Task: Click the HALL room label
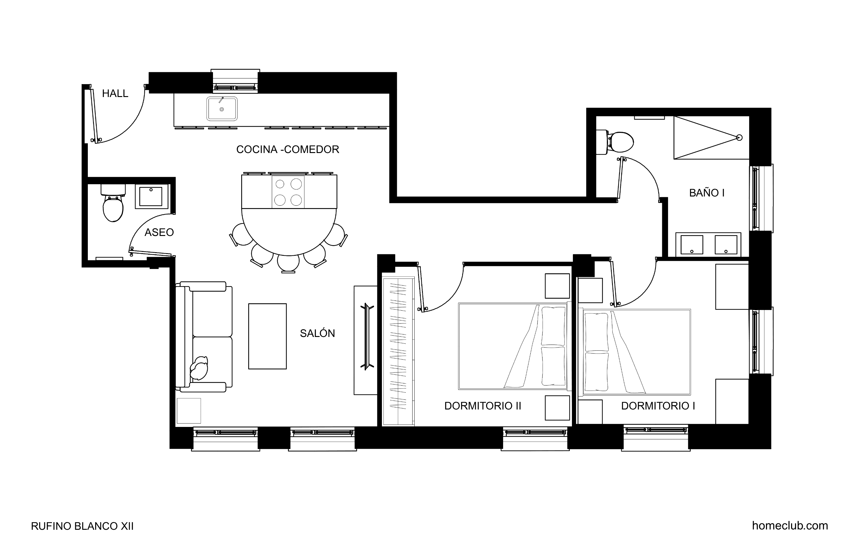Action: click(115, 93)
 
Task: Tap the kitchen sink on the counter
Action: click(222, 109)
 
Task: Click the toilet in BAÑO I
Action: click(615, 142)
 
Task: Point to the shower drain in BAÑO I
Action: click(739, 138)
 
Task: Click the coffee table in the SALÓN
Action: click(267, 336)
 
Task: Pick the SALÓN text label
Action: click(317, 334)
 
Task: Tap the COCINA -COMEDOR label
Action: click(287, 149)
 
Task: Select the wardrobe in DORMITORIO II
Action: click(398, 351)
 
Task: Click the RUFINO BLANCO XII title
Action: click(82, 526)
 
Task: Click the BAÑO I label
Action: click(706, 193)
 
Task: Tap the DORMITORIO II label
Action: click(483, 406)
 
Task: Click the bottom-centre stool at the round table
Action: click(288, 264)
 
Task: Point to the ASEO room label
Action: click(159, 233)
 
